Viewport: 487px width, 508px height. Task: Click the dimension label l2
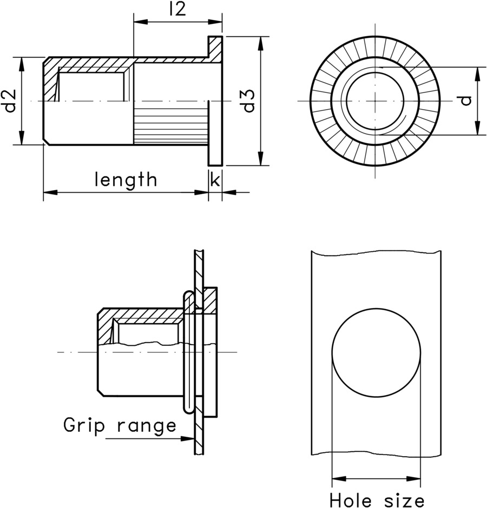tap(177, 9)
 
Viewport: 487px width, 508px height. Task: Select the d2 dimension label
tap(10, 101)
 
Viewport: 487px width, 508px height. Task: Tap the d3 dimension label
tap(248, 101)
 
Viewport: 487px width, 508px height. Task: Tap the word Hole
tap(351, 498)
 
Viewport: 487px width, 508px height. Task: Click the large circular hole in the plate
tap(376, 352)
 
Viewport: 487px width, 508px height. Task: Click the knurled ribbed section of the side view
tap(170, 124)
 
